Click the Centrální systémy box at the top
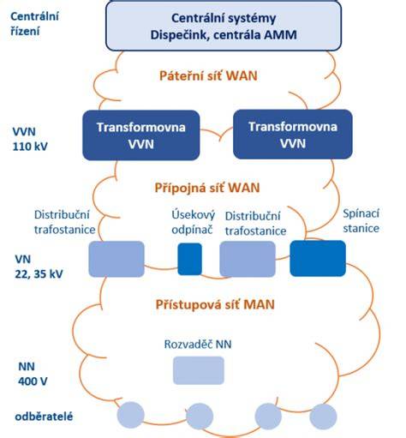pos(224,27)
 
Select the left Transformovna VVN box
pos(141,135)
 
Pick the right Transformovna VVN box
pos(293,135)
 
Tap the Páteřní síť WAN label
pos(208,76)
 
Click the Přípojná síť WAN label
pos(207,188)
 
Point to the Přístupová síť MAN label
pos(215,304)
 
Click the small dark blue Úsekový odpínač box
pos(189,259)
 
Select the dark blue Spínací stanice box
pos(318,258)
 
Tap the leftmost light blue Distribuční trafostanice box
pos(116,259)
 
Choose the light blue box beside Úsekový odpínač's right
pos(248,259)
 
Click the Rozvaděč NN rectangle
pos(199,370)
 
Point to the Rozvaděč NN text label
pos(198,345)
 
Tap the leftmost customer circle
pos(130,415)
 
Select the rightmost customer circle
pos(323,417)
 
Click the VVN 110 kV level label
pos(30,139)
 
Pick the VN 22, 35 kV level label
pos(39,267)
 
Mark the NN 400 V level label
pos(33,374)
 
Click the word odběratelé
pos(44,417)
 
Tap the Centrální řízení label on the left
pos(34,24)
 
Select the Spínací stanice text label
pos(361,221)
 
